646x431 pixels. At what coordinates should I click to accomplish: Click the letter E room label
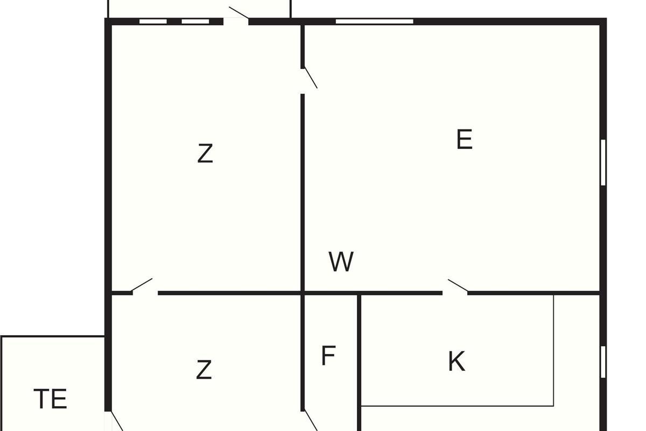[x=464, y=139]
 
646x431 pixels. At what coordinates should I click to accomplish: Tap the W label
[x=341, y=261]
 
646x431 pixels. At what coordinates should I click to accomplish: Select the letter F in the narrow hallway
[x=328, y=356]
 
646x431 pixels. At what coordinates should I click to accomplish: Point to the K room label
[x=457, y=361]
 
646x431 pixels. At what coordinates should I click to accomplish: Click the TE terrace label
[x=51, y=399]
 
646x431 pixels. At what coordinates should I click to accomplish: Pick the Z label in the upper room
[x=205, y=154]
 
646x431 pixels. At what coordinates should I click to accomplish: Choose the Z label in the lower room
[x=204, y=370]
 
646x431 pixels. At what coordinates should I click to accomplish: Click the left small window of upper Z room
[x=153, y=22]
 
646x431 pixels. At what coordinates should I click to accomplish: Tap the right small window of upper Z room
[x=195, y=22]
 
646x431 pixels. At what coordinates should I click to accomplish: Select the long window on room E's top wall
[x=374, y=22]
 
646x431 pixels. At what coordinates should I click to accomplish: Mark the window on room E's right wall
[x=603, y=162]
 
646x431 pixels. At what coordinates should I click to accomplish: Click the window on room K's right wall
[x=603, y=362]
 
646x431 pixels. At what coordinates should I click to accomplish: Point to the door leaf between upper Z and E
[x=311, y=78]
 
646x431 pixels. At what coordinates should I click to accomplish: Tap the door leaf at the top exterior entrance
[x=239, y=13]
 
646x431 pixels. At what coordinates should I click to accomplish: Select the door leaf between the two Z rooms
[x=142, y=285]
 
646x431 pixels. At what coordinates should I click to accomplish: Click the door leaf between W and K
[x=458, y=286]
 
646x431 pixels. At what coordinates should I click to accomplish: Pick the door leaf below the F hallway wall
[x=311, y=420]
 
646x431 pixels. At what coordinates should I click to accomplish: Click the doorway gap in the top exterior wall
[x=236, y=22]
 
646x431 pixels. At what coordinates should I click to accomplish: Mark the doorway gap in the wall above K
[x=455, y=293]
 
